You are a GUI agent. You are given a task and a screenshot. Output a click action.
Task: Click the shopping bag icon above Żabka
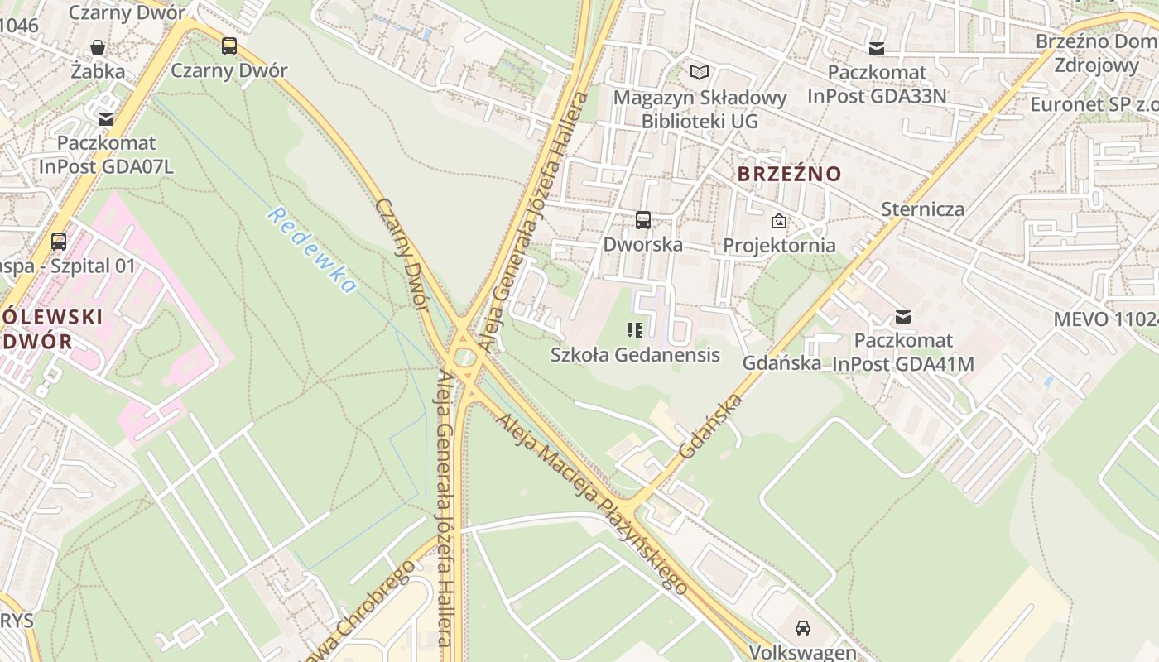tap(98, 47)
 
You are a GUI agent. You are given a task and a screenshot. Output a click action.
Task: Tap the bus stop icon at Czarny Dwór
tap(229, 46)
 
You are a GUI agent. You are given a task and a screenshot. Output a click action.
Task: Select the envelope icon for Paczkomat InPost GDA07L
tap(106, 119)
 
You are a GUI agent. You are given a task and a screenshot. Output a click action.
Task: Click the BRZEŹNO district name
tap(789, 175)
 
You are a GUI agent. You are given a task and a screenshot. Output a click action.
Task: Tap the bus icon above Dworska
tap(643, 220)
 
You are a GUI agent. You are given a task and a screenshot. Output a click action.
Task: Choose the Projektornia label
tap(779, 246)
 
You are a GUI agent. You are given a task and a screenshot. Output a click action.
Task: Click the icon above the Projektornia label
tap(779, 221)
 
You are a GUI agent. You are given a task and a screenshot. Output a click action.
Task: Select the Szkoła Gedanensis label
tap(635, 355)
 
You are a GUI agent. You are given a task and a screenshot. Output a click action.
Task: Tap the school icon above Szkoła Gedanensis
tap(635, 331)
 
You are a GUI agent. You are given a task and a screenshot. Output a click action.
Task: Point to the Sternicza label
tap(922, 209)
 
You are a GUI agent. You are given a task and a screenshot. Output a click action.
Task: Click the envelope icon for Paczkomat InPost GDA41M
tap(903, 317)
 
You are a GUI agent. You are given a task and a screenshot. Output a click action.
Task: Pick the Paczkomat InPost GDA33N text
tap(877, 84)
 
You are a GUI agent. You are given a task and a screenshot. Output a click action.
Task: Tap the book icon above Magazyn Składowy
tap(700, 73)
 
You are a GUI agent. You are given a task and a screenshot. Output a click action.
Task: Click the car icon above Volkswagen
tap(803, 628)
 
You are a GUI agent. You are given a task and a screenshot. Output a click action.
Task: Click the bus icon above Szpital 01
tap(59, 242)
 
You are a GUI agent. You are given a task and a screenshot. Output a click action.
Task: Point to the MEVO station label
tap(1105, 319)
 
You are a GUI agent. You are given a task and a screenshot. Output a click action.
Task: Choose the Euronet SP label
tap(1094, 104)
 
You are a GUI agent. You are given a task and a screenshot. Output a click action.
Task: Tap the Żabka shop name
tap(98, 71)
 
